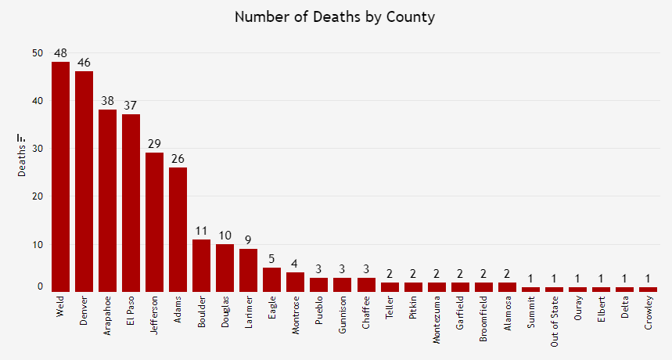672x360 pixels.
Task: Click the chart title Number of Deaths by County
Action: [x=336, y=16]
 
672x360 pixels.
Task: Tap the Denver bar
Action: [x=84, y=181]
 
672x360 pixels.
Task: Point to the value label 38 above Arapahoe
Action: [x=107, y=101]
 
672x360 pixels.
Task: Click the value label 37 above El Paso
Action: [x=131, y=106]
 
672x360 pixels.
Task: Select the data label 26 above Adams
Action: [x=178, y=159]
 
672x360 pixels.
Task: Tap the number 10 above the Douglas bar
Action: [x=225, y=236]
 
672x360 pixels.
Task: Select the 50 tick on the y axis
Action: [x=38, y=53]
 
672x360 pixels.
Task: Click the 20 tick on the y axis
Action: [x=38, y=196]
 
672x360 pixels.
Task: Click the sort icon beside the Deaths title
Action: [x=22, y=138]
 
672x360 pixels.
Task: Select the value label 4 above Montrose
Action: [x=296, y=264]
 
